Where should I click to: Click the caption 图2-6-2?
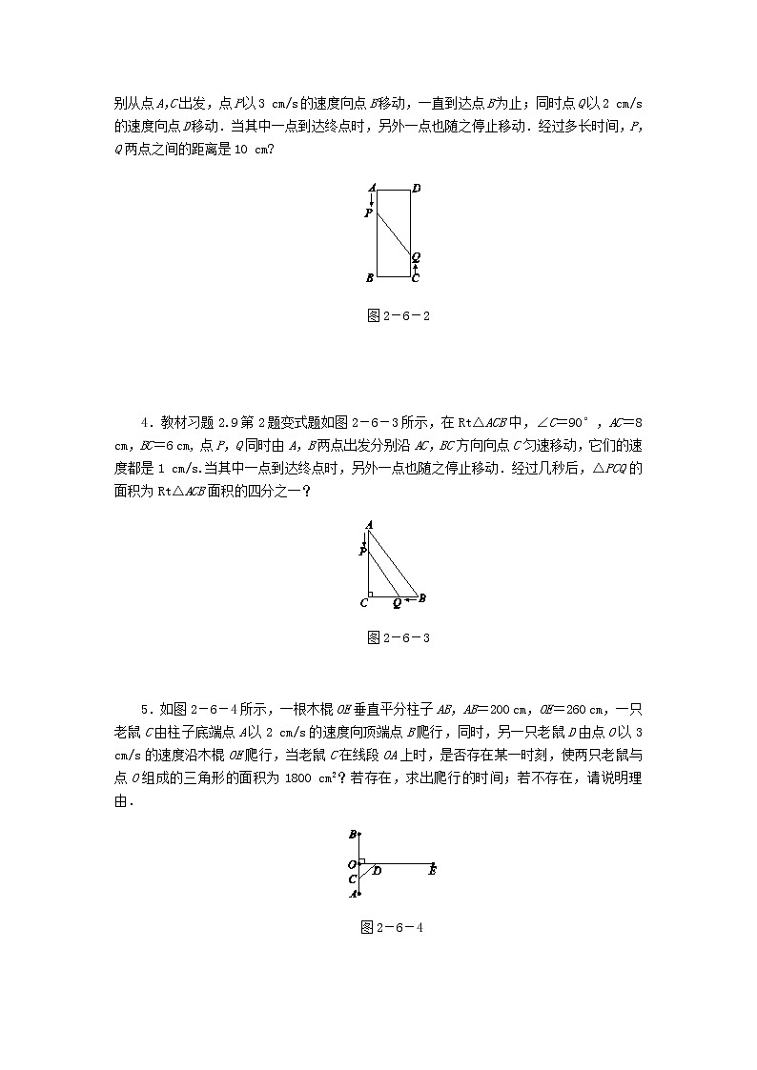(399, 316)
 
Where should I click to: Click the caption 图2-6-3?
(399, 637)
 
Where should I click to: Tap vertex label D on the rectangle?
(417, 188)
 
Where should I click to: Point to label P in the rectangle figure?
(369, 213)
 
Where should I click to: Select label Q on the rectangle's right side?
(417, 257)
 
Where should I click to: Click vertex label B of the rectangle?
(370, 278)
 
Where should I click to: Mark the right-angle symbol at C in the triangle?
(371, 595)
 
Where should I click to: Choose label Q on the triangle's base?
(398, 603)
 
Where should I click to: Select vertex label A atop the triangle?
(368, 524)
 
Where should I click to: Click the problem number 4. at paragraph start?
(145, 420)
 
